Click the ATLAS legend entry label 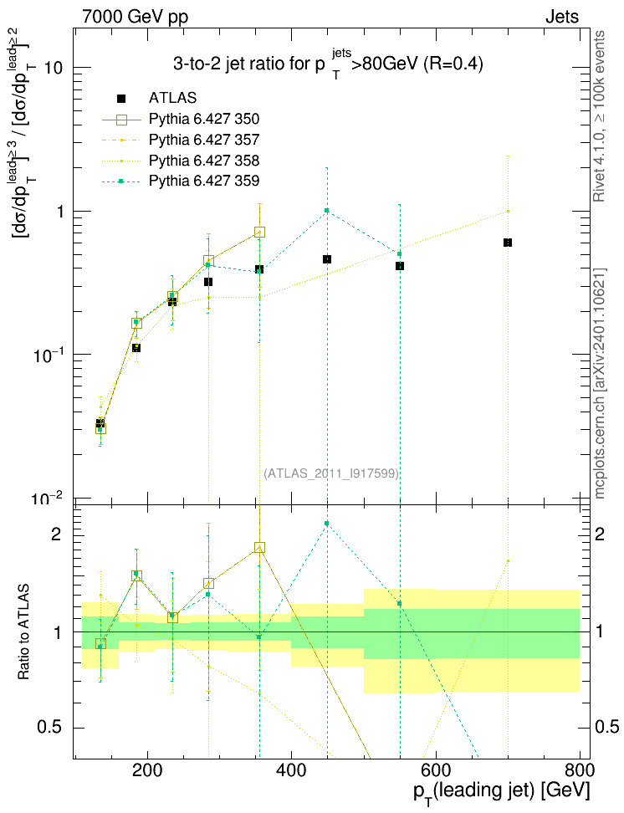point(172,98)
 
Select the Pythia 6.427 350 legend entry point(204,120)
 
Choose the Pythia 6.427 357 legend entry point(204,140)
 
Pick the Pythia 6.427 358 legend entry point(204,161)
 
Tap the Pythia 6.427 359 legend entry point(204,181)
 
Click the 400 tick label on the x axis point(292,771)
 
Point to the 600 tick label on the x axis point(435,771)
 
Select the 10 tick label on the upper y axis point(54,68)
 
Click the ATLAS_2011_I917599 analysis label point(331,473)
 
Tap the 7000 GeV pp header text point(135,17)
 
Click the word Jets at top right point(562,17)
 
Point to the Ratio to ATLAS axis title point(23,632)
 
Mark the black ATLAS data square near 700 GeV point(508,243)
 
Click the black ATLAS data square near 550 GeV point(400,266)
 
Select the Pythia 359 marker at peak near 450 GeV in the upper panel point(327,210)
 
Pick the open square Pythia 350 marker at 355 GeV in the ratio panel point(260,548)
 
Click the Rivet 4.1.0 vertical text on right point(599,116)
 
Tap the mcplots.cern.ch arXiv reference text point(600,383)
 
